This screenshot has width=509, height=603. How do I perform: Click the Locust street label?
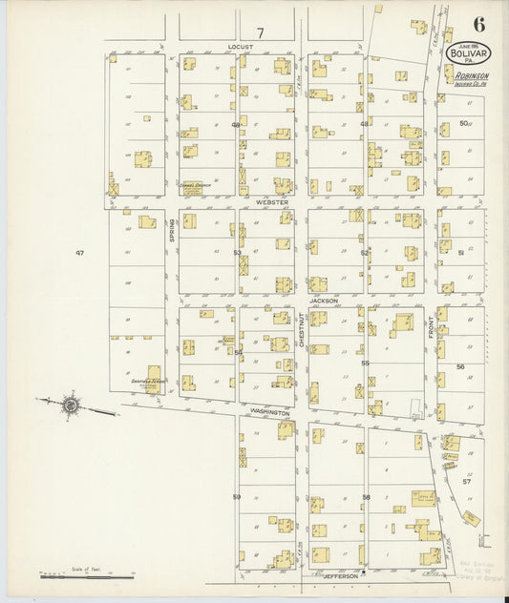point(239,45)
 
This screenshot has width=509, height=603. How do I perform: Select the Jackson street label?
point(323,300)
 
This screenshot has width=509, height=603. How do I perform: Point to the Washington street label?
point(270,412)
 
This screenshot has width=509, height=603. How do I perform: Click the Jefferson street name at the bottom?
point(341,576)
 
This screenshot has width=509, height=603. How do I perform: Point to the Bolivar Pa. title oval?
point(465,55)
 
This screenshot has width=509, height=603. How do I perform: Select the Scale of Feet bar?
point(86,575)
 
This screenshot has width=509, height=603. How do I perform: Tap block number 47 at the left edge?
point(80,252)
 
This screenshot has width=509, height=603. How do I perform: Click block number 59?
point(235,497)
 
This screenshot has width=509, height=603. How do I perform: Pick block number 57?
point(467,482)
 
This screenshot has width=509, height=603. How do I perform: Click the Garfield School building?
point(152,379)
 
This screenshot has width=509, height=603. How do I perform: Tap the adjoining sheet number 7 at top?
point(259,32)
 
